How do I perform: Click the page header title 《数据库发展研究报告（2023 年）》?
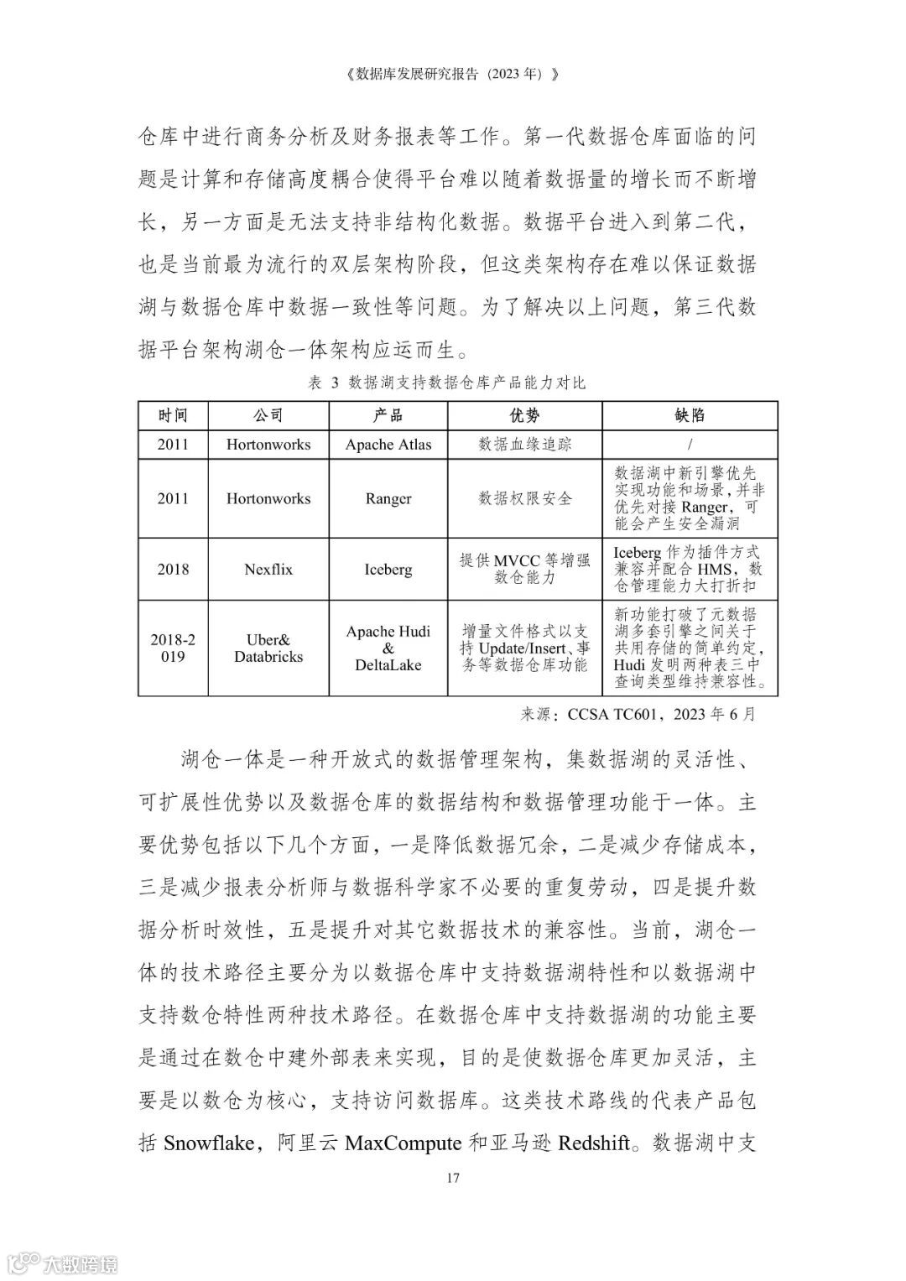[x=452, y=74]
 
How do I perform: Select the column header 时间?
[x=173, y=415]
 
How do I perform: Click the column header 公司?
[x=268, y=415]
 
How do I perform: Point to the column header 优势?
[x=524, y=415]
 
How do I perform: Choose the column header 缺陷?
[x=690, y=415]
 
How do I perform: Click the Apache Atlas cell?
[x=388, y=445]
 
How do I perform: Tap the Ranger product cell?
[x=388, y=498]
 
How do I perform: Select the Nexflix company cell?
[x=268, y=569]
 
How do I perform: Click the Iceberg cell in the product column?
[x=388, y=569]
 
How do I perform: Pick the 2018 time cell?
[x=173, y=569]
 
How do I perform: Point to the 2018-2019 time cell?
[x=173, y=648]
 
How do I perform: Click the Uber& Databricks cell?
[x=268, y=648]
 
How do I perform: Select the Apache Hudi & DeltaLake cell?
[x=388, y=648]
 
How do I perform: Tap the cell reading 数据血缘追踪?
[x=524, y=445]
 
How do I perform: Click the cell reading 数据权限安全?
[x=524, y=498]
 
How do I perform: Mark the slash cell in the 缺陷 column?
[x=690, y=445]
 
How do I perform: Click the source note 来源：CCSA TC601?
[x=638, y=715]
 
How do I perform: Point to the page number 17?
[x=452, y=1178]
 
